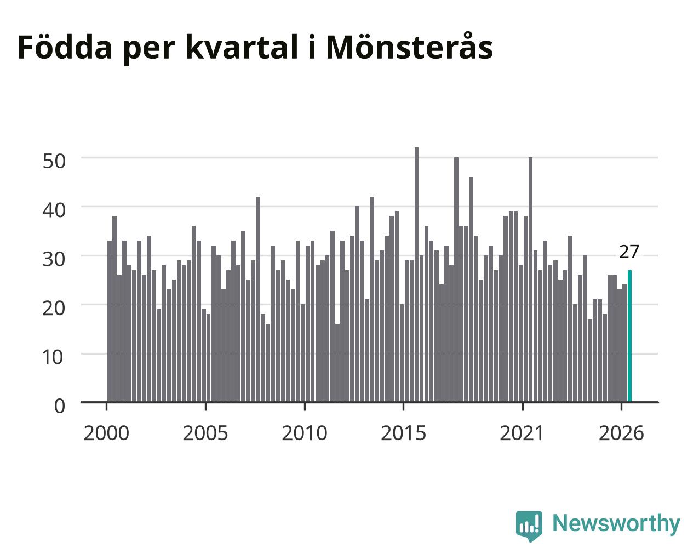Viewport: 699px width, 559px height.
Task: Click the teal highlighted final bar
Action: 629,336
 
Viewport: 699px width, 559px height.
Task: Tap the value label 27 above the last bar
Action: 629,252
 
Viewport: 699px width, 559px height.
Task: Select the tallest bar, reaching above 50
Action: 417,275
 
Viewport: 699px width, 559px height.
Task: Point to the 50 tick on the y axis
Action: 54,161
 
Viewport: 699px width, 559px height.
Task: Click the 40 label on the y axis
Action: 54,210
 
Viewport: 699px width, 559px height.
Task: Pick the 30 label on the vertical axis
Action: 54,259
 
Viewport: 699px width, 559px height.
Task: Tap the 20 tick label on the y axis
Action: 54,308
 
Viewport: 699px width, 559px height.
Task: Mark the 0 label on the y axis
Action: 60,406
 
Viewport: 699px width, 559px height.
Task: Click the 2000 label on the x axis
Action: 106,433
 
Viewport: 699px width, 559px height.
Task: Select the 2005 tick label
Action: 205,433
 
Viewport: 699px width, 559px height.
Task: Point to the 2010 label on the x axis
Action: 305,433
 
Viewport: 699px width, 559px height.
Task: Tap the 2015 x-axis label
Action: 403,433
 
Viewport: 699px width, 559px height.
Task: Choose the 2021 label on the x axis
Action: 522,433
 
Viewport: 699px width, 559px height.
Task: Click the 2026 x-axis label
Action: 621,433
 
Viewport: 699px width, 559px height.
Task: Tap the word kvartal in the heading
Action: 242,47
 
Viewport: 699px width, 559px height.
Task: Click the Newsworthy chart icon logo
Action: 529,525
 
